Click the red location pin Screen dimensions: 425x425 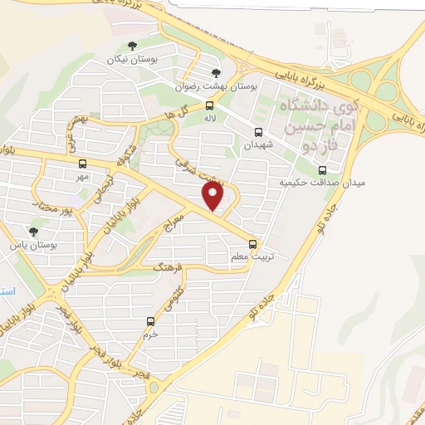click(214, 196)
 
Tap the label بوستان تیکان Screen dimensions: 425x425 click(133, 61)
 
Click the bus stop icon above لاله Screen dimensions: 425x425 click(209, 105)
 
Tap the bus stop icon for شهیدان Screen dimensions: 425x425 click(257, 131)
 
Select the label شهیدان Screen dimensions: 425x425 click(257, 144)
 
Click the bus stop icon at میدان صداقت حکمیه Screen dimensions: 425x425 click(322, 170)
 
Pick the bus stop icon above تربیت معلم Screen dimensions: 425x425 click(254, 245)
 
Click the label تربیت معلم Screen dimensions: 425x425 click(254, 258)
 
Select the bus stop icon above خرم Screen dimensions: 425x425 click(150, 321)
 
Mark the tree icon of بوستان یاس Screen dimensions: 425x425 click(33, 231)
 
